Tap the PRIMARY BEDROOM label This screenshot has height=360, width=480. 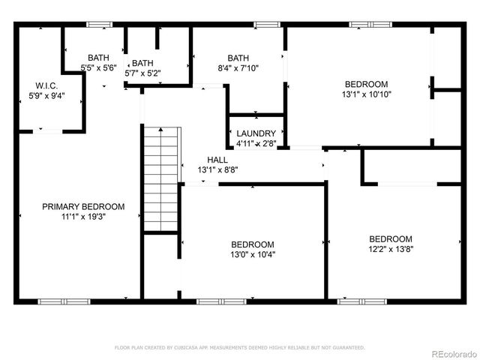(x=83, y=206)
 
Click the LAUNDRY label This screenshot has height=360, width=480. (x=256, y=133)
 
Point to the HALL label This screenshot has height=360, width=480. (x=217, y=160)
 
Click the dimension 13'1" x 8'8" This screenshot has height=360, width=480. (x=217, y=170)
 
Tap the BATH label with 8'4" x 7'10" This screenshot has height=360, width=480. (x=238, y=58)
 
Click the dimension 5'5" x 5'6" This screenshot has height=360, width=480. (x=98, y=68)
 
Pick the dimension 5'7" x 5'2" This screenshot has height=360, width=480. (x=142, y=73)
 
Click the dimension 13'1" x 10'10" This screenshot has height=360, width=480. (x=366, y=94)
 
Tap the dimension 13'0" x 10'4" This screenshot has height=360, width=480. (x=252, y=254)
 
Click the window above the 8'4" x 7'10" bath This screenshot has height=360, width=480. (x=265, y=25)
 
